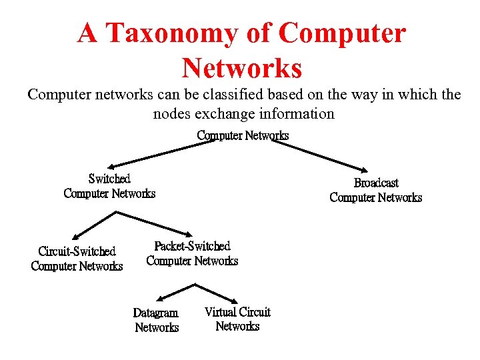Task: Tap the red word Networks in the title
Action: point(241,67)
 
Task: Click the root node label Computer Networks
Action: point(243,135)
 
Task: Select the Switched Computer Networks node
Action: point(109,186)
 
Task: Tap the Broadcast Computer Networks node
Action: point(376,190)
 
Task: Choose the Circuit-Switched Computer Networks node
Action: point(77,259)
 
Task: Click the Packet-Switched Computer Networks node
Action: point(192,253)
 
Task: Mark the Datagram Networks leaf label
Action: point(156,320)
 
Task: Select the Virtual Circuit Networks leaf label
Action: point(237,319)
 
